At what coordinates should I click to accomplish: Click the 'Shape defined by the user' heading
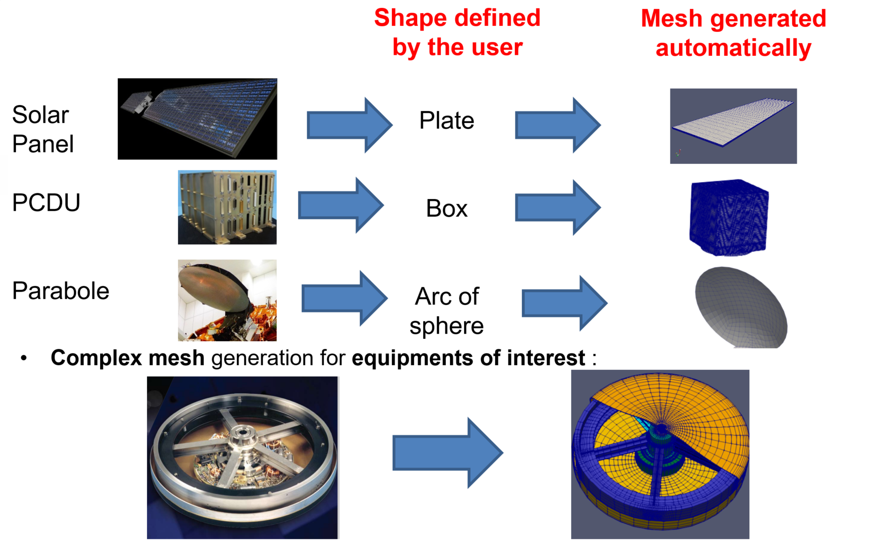[457, 32]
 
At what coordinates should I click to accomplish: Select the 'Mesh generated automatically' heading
[733, 33]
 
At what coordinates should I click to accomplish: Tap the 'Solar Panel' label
[42, 129]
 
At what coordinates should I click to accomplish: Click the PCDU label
[46, 203]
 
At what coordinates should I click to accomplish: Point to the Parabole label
[61, 291]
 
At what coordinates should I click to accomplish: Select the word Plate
[446, 121]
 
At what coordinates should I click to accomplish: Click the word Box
[446, 208]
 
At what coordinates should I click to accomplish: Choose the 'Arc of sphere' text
[446, 311]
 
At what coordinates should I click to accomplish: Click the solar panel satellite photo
[197, 119]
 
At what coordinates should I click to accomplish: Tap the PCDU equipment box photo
[227, 207]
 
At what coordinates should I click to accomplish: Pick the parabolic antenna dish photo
[227, 300]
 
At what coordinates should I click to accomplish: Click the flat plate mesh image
[733, 126]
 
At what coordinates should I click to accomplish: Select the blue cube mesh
[728, 217]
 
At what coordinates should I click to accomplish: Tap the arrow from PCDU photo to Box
[341, 206]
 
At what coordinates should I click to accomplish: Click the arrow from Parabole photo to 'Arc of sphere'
[344, 298]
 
